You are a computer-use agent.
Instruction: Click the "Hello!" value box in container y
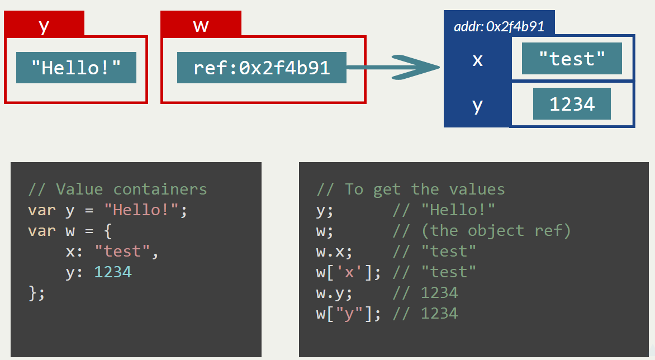point(76,68)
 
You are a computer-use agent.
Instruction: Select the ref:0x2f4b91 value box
point(262,68)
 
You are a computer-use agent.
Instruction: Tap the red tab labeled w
point(201,25)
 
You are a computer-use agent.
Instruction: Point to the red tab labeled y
point(44,25)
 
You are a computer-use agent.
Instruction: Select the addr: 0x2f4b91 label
point(499,26)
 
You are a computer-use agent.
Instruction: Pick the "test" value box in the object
point(572,58)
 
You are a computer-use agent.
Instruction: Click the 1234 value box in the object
point(572,104)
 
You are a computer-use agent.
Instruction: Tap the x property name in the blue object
point(477,59)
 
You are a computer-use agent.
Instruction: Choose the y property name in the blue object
point(477,105)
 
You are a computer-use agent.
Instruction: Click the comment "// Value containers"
point(117,190)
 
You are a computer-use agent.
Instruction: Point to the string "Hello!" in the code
point(142,210)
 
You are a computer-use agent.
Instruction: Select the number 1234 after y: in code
point(113,272)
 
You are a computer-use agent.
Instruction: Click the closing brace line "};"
point(36,293)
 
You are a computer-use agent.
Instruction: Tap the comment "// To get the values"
point(410,190)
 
